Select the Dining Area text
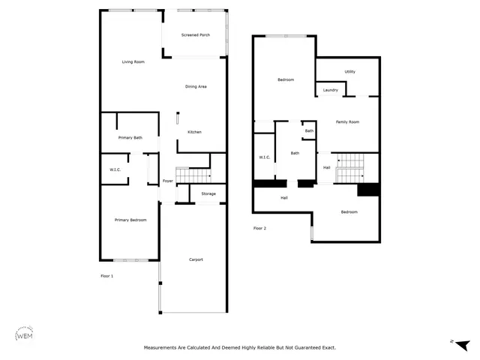pos(196,87)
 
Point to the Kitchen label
pos(194,132)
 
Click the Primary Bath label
pos(130,138)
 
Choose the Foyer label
pos(168,181)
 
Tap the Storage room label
pos(208,194)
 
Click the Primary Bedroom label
pos(130,220)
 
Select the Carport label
pos(195,259)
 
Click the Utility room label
pos(349,72)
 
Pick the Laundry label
pos(330,91)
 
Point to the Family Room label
pos(347,121)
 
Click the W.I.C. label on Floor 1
pos(115,169)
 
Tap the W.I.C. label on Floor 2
pos(264,157)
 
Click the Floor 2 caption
pos(259,228)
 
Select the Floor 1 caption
pos(107,276)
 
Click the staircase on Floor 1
pos(198,175)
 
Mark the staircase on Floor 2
pos(349,169)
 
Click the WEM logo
pos(25,335)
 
